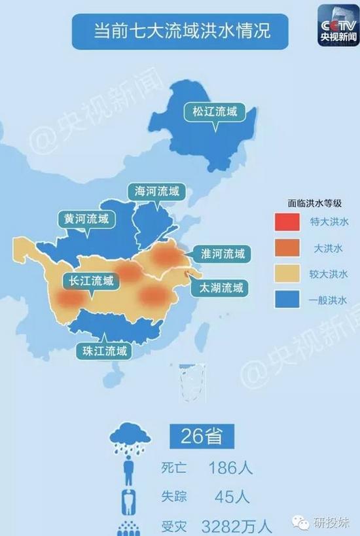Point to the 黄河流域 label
click(x=86, y=219)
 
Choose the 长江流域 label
click(x=91, y=281)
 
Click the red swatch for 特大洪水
click(x=286, y=222)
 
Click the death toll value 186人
click(x=230, y=468)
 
